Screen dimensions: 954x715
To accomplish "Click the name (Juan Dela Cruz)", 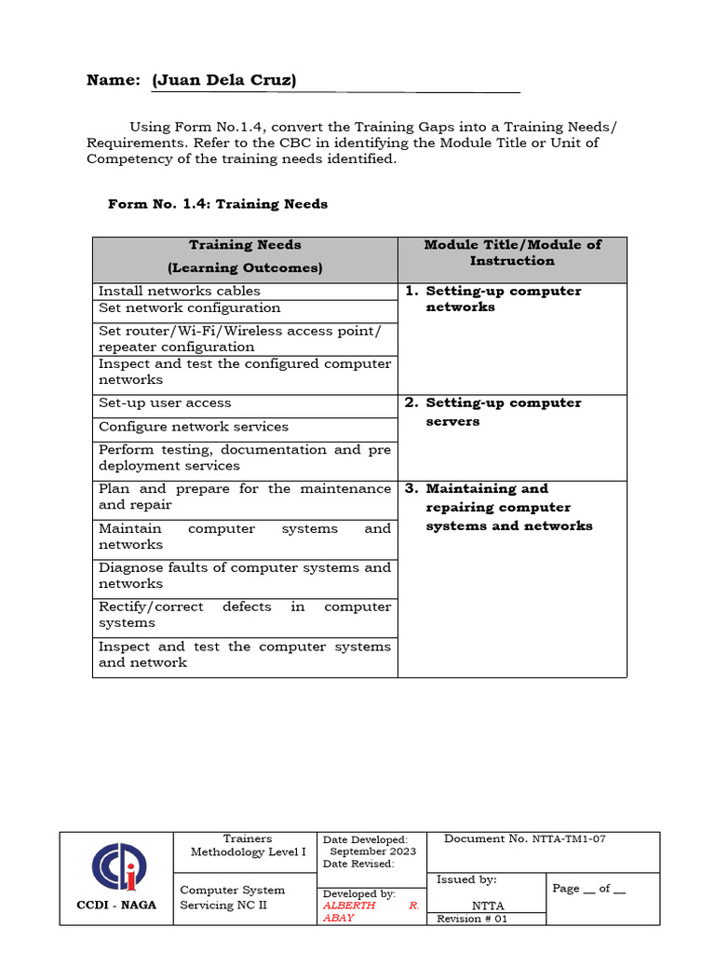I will tap(223, 80).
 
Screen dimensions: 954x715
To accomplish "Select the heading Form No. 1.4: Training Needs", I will tap(218, 203).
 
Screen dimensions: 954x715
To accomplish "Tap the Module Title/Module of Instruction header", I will tap(512, 252).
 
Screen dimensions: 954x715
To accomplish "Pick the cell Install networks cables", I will tap(180, 291).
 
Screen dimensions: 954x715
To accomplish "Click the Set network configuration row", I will tap(189, 307).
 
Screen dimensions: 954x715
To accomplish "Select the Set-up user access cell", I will tap(165, 402).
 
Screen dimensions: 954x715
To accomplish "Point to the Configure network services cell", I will tap(194, 427).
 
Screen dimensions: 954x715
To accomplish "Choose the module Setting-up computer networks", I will tap(503, 299).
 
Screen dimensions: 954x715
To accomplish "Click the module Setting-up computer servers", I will tap(503, 412).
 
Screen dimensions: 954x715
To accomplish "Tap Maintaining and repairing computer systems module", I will tap(508, 507).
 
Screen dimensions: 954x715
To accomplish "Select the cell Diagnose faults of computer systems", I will tap(245, 576).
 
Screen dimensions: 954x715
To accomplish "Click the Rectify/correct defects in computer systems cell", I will tap(245, 615).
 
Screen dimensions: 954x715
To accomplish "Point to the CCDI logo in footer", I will tap(117, 866).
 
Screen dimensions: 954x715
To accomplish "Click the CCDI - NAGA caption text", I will tap(116, 905).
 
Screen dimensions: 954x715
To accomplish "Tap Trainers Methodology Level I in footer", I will tap(248, 845).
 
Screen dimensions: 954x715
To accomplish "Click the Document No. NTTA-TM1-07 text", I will tap(525, 838).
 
